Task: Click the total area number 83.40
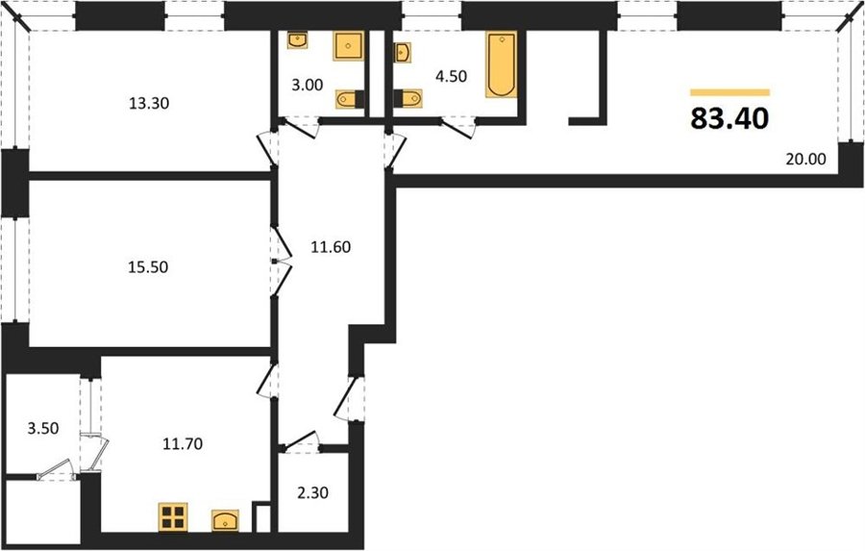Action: [729, 118]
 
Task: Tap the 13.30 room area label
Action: [148, 103]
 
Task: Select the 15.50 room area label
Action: [148, 267]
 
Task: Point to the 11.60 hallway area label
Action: [331, 247]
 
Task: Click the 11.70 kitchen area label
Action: [183, 443]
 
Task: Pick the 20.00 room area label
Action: [806, 159]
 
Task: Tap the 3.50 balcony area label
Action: [43, 428]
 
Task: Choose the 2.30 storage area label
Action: [312, 492]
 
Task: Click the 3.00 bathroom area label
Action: [308, 85]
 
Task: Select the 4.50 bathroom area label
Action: [452, 76]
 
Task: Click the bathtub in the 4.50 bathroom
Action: [502, 64]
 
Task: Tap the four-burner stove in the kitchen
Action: [173, 517]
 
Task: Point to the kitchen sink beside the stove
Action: [225, 520]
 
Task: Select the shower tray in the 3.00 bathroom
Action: [348, 46]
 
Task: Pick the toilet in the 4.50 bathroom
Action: [408, 98]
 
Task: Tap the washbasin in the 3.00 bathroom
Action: [297, 40]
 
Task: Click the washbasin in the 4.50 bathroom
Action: [403, 53]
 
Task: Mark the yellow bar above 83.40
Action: [729, 92]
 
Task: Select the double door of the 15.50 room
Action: [282, 260]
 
